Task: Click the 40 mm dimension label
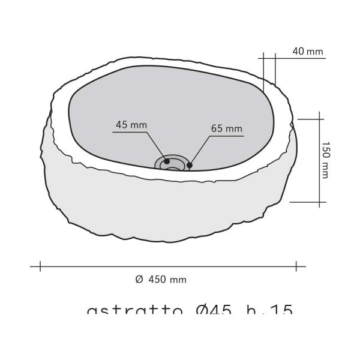(x=308, y=52)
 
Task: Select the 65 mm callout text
(x=226, y=128)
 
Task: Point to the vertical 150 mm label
(x=325, y=160)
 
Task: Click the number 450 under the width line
(x=157, y=280)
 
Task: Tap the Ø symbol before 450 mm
(x=139, y=280)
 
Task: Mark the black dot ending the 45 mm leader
(x=167, y=161)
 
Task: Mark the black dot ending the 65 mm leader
(x=190, y=164)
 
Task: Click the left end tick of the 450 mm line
(x=40, y=265)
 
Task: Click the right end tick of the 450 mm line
(x=296, y=265)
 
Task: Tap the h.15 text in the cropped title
(x=268, y=311)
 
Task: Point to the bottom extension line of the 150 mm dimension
(x=309, y=203)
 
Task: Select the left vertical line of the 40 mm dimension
(x=264, y=72)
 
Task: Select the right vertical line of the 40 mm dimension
(x=275, y=69)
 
